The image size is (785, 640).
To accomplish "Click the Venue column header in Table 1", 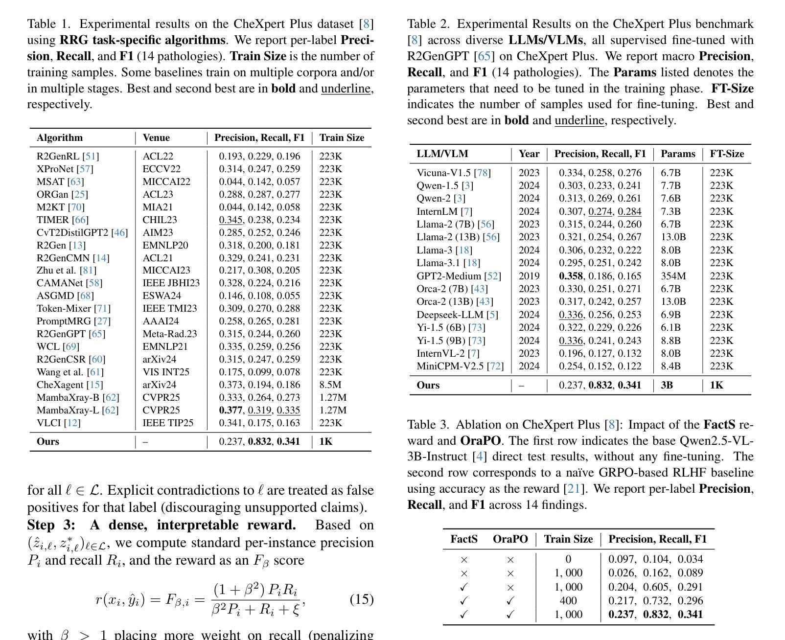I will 156,138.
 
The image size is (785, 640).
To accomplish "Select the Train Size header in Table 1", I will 342,138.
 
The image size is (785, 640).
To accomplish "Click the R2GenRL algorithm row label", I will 68,156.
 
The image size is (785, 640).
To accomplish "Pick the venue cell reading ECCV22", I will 162,169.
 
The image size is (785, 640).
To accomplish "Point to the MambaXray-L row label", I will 77,410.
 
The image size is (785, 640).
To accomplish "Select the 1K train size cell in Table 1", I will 326,441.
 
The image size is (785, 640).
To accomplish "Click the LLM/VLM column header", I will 442,154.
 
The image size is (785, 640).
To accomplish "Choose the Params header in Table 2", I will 678,154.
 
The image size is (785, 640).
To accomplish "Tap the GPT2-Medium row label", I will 459,276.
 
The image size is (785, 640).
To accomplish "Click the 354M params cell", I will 673,276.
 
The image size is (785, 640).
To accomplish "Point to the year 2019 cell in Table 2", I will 529,276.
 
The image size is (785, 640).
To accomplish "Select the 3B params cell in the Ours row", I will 667,385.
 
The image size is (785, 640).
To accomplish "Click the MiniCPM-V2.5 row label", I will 460,366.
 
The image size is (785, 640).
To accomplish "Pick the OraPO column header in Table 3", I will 510,539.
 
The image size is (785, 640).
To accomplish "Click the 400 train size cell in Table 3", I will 568,601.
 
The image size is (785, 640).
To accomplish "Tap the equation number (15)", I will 362,599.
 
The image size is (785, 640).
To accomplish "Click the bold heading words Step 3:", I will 51,525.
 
